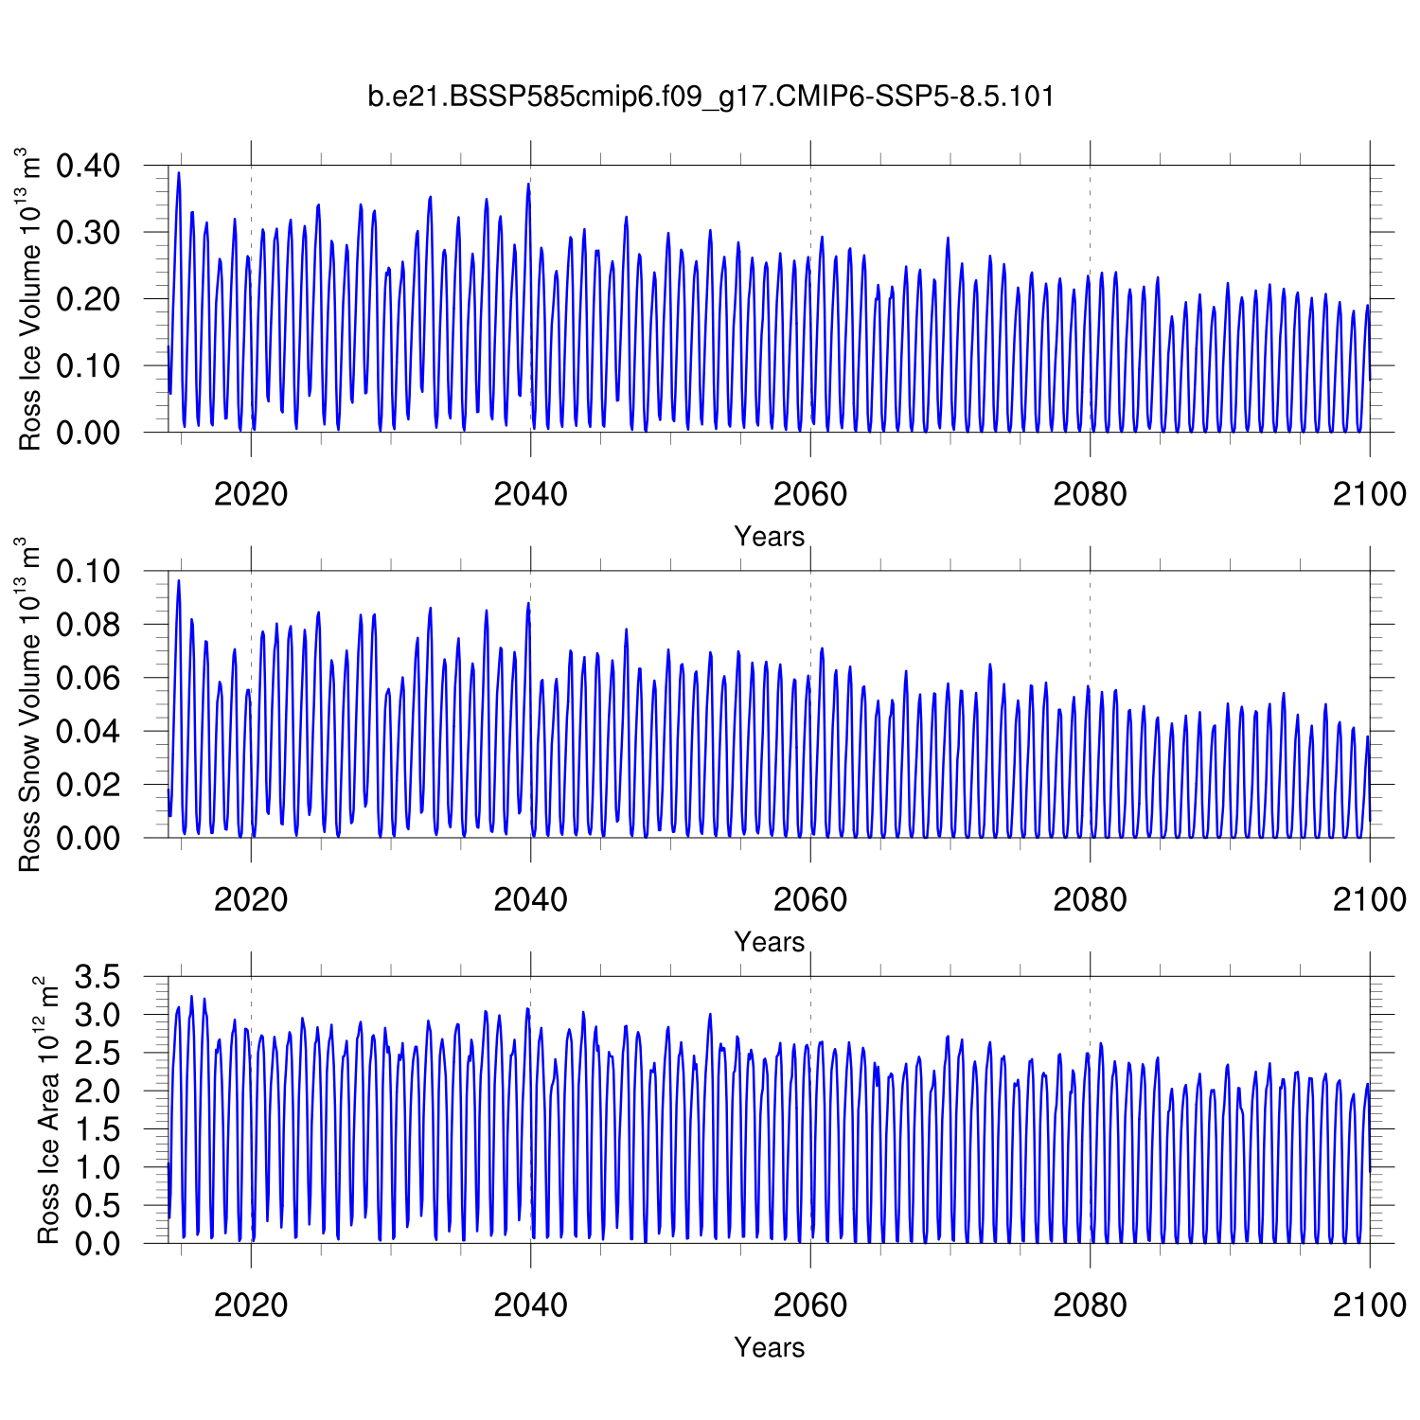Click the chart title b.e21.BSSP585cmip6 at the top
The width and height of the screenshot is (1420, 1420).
[710, 97]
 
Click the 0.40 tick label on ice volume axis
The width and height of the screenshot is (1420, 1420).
[88, 167]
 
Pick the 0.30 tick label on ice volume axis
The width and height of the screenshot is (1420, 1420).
[88, 233]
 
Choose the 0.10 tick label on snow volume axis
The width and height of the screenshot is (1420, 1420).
[88, 572]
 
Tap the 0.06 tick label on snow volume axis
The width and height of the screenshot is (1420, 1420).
[88, 679]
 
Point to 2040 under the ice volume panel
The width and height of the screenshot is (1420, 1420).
[530, 493]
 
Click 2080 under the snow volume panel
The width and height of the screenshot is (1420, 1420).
[1090, 898]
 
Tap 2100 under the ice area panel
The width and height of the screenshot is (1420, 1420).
[1369, 1305]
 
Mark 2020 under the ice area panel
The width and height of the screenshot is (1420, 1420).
[251, 1305]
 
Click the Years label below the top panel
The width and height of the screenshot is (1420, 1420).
[769, 537]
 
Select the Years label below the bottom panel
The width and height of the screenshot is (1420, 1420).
[769, 1347]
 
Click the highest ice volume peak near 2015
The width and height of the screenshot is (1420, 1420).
[178, 173]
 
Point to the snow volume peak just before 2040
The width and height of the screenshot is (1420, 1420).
[528, 604]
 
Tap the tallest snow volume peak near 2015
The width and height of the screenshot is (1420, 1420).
[178, 581]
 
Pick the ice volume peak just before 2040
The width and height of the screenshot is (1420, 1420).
[528, 185]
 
